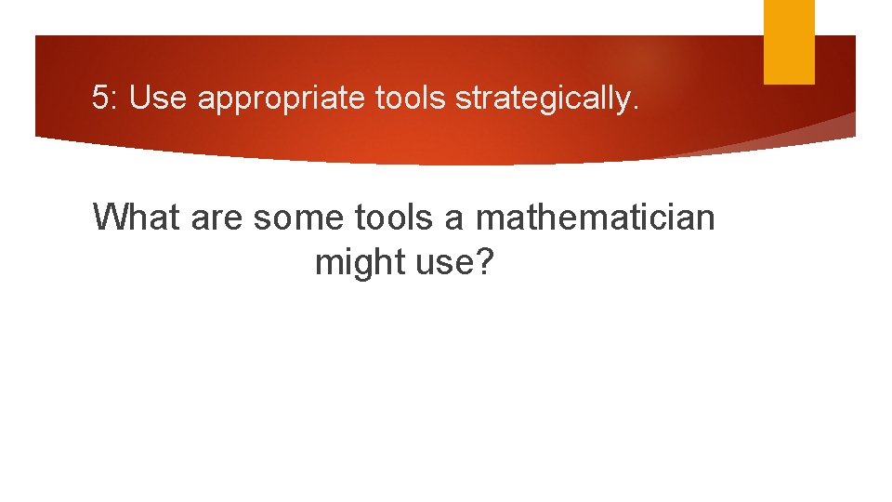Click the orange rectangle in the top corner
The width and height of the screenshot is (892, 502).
[x=789, y=42]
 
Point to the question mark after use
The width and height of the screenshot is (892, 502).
[x=485, y=263]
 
